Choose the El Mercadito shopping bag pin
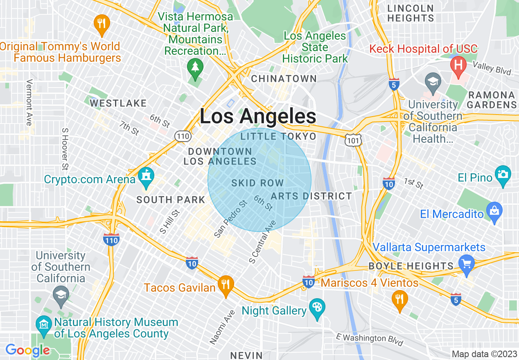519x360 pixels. pyautogui.click(x=494, y=211)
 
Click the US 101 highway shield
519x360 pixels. pyautogui.click(x=352, y=140)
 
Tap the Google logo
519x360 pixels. pyautogui.click(x=28, y=351)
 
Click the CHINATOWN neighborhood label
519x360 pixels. pyautogui.click(x=284, y=79)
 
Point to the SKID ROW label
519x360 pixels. pyautogui.click(x=257, y=183)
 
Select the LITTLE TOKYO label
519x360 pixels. pyautogui.click(x=278, y=136)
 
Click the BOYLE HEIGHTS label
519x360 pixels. pyautogui.click(x=411, y=266)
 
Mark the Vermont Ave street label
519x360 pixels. pyautogui.click(x=28, y=103)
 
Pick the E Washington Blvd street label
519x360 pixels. pyautogui.click(x=369, y=340)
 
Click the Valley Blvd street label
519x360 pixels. pyautogui.click(x=492, y=68)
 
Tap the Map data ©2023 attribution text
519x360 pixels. pyautogui.click(x=484, y=354)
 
